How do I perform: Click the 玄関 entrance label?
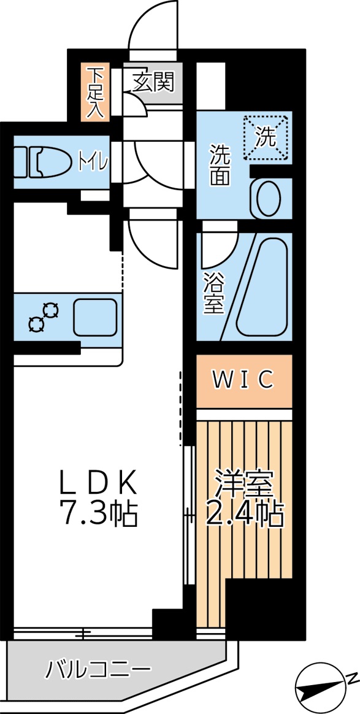pyautogui.click(x=153, y=82)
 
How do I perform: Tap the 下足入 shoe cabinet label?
pyautogui.click(x=94, y=92)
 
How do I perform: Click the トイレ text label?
pyautogui.click(x=93, y=162)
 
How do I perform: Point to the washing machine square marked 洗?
pyautogui.click(x=266, y=137)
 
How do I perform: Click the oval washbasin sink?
pyautogui.click(x=267, y=198)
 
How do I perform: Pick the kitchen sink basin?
pyautogui.click(x=95, y=316)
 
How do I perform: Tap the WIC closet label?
pyautogui.click(x=243, y=380)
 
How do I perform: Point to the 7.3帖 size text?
pyautogui.click(x=98, y=514)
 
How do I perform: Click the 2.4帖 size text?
pyautogui.click(x=244, y=514)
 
